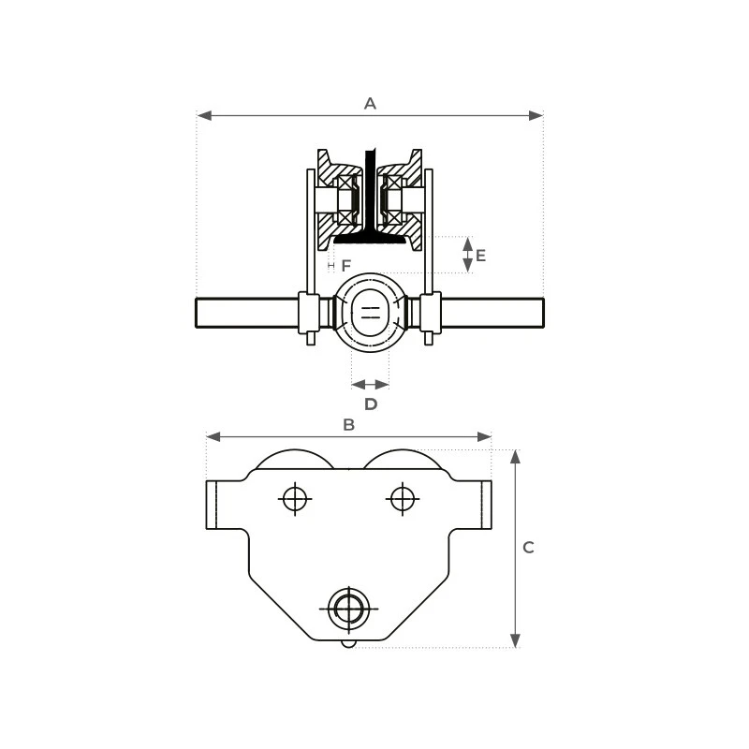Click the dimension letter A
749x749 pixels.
point(370,104)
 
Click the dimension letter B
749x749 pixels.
point(348,425)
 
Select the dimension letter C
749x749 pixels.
point(528,548)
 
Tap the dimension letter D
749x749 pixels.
point(371,404)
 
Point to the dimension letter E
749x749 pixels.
point(481,256)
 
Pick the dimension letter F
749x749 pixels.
point(346,266)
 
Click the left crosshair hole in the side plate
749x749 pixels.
point(295,499)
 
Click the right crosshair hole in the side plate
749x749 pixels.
point(403,499)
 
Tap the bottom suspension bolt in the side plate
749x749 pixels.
point(349,609)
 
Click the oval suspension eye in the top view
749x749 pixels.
point(371,313)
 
